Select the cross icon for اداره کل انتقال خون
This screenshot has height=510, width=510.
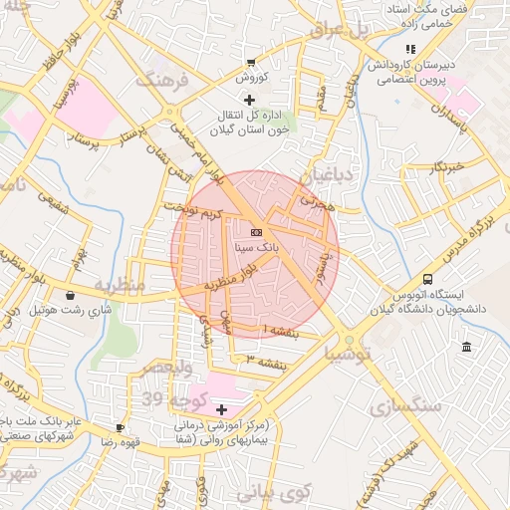click(x=249, y=100)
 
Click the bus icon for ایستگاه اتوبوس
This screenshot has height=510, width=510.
click(x=428, y=280)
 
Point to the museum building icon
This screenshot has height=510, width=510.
click(x=467, y=346)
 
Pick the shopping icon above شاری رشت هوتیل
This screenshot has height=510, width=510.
click(x=70, y=295)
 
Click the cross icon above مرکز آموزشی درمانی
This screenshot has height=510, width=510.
click(x=221, y=409)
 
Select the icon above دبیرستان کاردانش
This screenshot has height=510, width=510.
click(x=409, y=49)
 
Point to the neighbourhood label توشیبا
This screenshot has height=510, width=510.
click(x=350, y=354)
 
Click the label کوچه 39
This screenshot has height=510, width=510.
click(x=165, y=399)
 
